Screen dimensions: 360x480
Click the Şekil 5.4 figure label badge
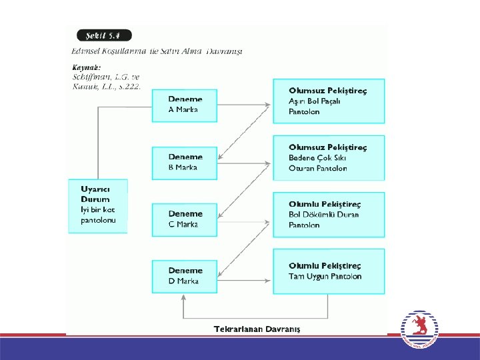tap(103, 35)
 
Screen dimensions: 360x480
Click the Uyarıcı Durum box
tap(97, 205)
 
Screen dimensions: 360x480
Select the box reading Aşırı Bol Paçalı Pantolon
tap(328, 101)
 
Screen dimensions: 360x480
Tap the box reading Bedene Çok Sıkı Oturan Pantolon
tap(328, 158)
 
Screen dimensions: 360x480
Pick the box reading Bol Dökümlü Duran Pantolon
tap(328, 215)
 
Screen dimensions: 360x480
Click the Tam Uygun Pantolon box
tap(328, 271)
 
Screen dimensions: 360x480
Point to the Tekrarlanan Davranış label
tap(257, 329)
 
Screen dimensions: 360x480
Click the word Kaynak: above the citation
tap(86, 67)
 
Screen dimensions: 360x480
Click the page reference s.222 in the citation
tap(127, 88)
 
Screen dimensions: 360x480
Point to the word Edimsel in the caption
tap(86, 51)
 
